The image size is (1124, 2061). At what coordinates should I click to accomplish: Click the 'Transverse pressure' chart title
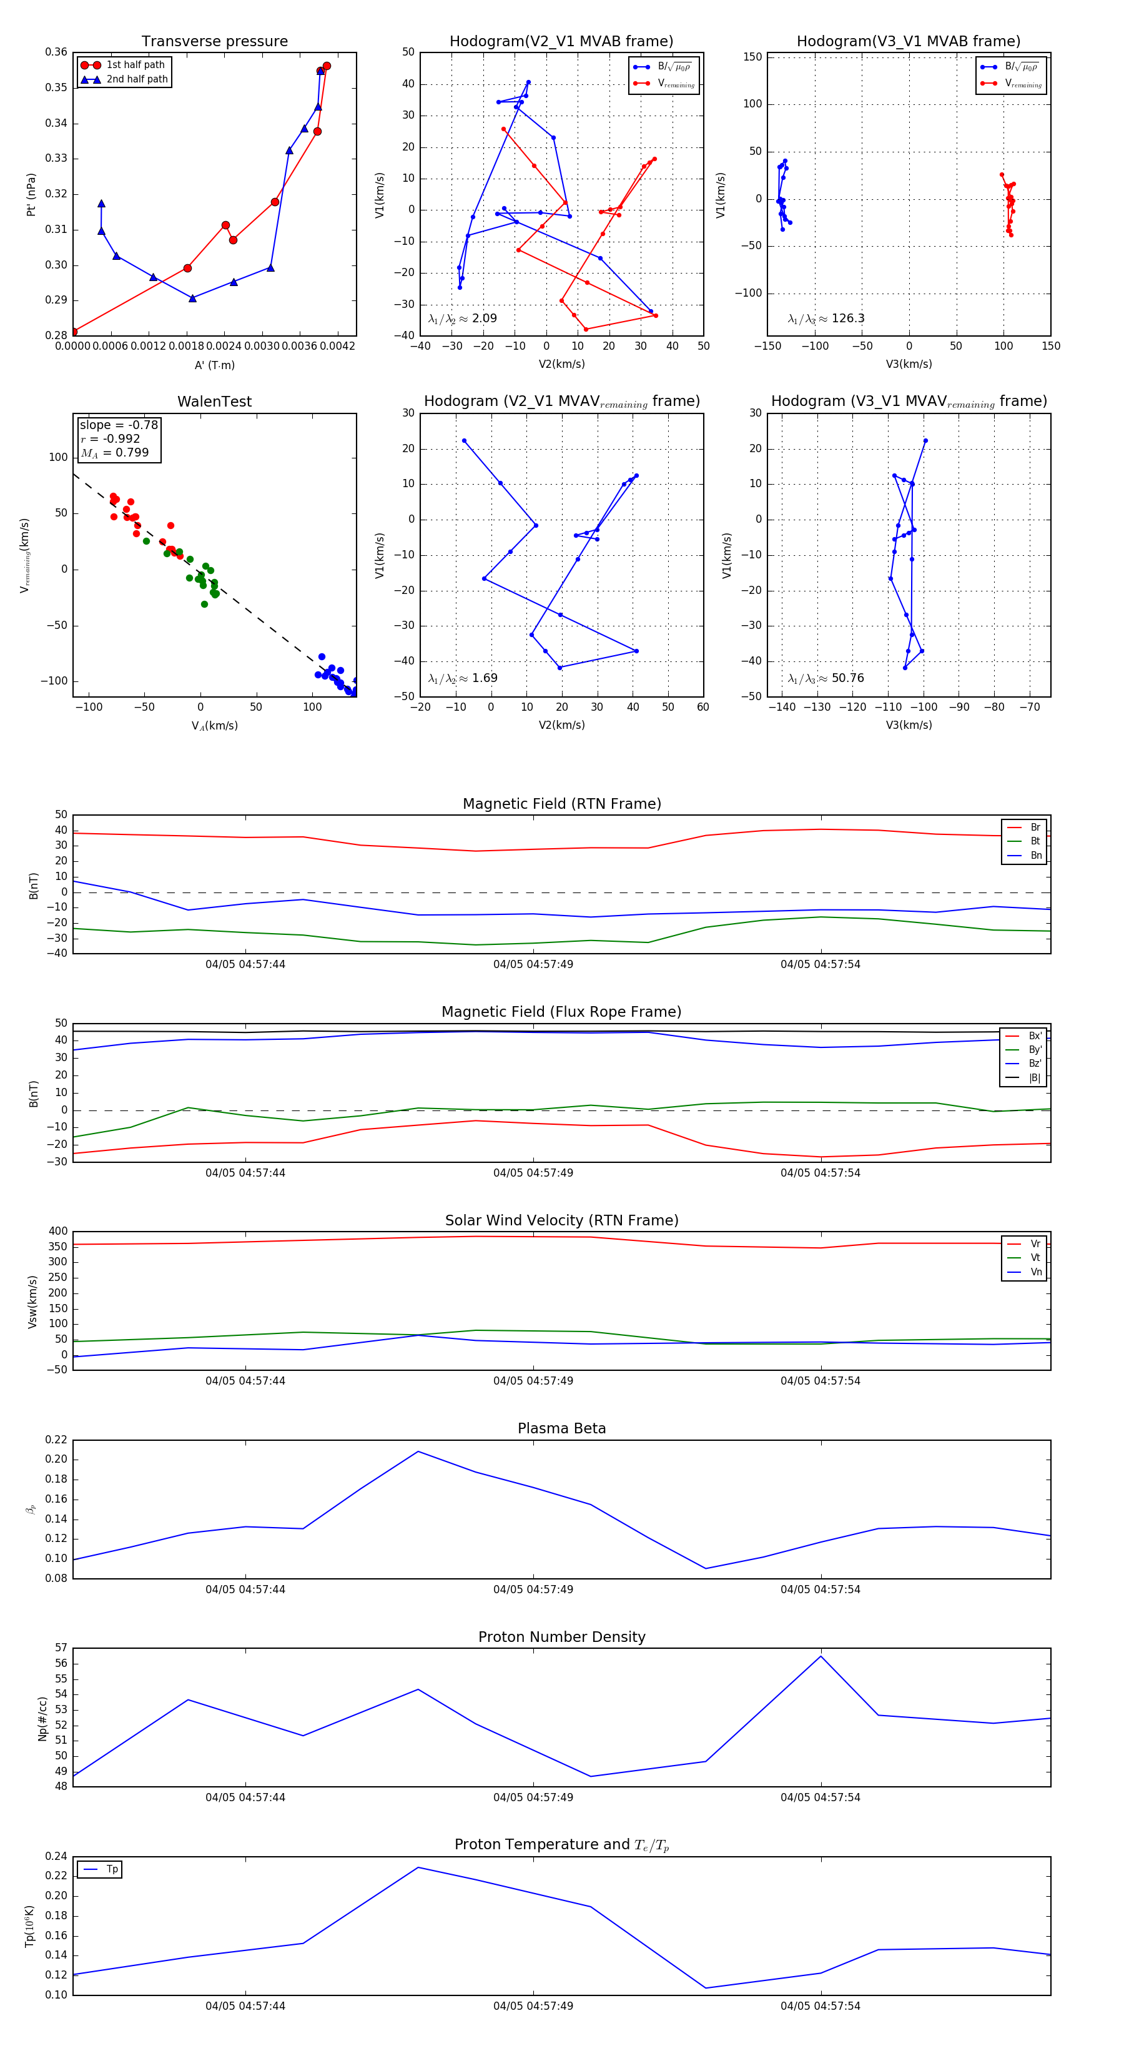coord(214,42)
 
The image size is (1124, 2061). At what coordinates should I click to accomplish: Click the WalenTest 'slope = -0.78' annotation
coord(119,425)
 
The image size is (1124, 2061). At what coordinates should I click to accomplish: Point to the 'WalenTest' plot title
coord(214,402)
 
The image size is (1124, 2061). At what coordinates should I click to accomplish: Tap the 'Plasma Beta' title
coord(561,1428)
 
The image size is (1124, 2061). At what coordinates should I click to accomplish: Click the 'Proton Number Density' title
coord(561,1636)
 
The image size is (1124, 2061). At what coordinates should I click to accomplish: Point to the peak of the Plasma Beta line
coord(418,1451)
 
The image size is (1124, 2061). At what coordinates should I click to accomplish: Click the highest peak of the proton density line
coord(821,1656)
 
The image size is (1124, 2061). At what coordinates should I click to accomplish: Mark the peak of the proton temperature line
coord(418,1867)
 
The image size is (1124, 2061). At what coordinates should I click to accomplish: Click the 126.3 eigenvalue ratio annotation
coord(826,319)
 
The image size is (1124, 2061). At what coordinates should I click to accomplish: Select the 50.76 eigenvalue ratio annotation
coord(826,678)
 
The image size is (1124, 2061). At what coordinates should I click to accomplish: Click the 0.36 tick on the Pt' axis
coord(56,52)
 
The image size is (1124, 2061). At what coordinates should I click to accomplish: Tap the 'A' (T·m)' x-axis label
coord(214,365)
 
